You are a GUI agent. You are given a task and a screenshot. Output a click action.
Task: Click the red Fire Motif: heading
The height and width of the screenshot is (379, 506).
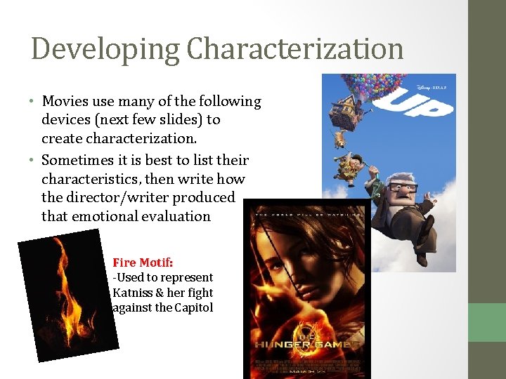143,262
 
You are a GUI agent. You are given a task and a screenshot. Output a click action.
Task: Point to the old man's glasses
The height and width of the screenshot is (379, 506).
402,188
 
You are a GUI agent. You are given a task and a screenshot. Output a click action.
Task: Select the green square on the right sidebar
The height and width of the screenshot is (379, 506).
487,322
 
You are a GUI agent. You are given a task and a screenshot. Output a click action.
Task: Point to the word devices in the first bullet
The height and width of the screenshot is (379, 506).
65,120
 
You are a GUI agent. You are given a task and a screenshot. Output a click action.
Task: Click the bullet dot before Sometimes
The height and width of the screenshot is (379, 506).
34,160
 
